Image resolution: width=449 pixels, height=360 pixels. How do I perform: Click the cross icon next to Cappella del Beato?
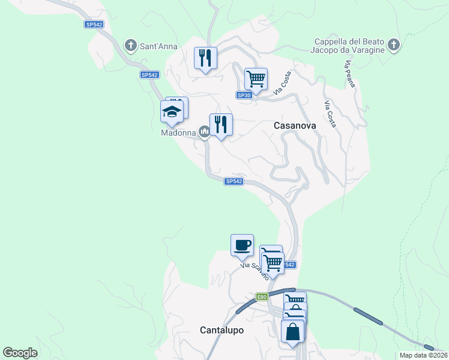tap(393, 45)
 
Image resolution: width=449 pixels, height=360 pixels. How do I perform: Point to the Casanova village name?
tap(295, 125)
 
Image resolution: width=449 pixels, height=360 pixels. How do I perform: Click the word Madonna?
tap(178, 133)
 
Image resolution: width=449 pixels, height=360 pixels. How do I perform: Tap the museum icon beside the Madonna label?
tap(204, 131)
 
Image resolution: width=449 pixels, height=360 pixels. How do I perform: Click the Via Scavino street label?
tap(254, 274)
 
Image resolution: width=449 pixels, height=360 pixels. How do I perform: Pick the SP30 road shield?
tap(243, 95)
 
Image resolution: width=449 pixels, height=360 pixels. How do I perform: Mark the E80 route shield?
tap(262, 296)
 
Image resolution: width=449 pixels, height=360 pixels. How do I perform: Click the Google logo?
tap(20, 353)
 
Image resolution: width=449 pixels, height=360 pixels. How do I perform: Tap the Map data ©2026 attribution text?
tap(423, 355)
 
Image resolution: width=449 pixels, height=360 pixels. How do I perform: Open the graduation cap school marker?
tap(172, 112)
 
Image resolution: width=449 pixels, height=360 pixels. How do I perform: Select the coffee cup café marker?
tap(242, 245)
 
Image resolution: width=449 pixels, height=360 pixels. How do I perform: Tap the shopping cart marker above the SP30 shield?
tap(256, 79)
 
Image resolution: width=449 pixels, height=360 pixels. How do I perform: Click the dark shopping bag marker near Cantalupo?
tap(292, 332)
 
